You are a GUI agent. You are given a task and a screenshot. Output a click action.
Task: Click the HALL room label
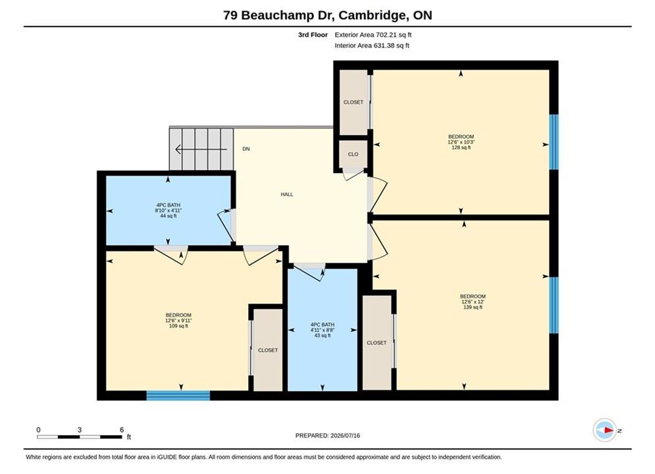(286, 194)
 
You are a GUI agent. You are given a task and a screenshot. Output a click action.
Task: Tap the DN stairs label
(246, 149)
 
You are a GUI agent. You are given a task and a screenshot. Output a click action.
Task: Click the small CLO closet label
(353, 154)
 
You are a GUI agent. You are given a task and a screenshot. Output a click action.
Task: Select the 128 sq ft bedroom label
(461, 142)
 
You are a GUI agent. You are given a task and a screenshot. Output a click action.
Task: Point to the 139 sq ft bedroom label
(473, 302)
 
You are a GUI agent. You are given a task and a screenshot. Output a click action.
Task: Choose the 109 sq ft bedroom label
(178, 321)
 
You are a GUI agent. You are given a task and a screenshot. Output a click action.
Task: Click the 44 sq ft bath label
(168, 211)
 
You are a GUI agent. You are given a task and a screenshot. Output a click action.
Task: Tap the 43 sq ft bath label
(322, 330)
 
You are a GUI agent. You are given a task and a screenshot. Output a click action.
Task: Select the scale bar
(80, 437)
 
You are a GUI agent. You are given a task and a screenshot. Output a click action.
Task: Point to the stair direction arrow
(201, 149)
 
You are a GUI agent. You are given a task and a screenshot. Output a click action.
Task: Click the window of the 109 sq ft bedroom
(178, 396)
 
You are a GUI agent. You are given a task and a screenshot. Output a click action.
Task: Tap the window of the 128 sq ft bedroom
(554, 142)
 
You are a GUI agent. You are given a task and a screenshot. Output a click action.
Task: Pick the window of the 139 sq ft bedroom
(554, 305)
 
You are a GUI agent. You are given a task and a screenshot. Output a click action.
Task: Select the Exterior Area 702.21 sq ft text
(373, 35)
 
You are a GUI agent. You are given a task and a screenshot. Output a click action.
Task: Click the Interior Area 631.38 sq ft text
(372, 45)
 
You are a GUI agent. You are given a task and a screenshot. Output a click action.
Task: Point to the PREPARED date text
(328, 436)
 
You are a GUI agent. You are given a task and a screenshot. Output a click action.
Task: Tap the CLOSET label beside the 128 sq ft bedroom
(354, 102)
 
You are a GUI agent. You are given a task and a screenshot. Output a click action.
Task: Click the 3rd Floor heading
(313, 35)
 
